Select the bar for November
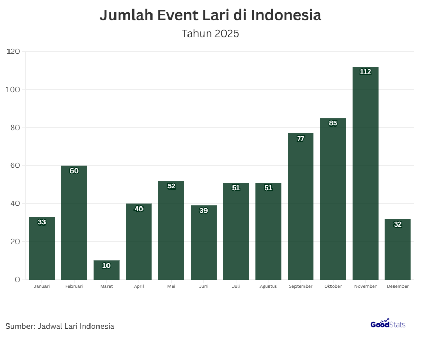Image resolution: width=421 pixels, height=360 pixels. pos(365,175)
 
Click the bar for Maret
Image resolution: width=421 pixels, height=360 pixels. pos(106,271)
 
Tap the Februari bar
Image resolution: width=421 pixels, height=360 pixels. pos(74,222)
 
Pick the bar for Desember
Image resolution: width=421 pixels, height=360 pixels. pos(398,250)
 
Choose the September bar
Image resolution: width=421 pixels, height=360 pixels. pos(301,206)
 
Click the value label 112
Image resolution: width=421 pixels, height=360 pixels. pos(365,72)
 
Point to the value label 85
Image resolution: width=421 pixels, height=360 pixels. pos(333,123)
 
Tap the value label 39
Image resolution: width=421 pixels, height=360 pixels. pos(203,210)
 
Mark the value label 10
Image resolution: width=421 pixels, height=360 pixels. pos(106,265)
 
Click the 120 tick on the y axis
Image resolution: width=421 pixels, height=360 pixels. pos(13,52)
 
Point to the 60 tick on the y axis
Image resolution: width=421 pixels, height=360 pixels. pos(15,166)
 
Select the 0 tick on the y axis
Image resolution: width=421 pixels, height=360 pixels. pos(17,280)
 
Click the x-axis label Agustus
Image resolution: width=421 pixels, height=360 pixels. pos(268,286)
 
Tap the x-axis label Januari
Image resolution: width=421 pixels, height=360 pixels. pos(42,286)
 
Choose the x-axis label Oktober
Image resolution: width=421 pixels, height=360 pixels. pos(333,286)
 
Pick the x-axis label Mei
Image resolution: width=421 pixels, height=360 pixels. pos(171,286)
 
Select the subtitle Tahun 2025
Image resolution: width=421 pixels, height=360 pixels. pos(210,34)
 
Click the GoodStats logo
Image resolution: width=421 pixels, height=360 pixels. pos(388,323)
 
